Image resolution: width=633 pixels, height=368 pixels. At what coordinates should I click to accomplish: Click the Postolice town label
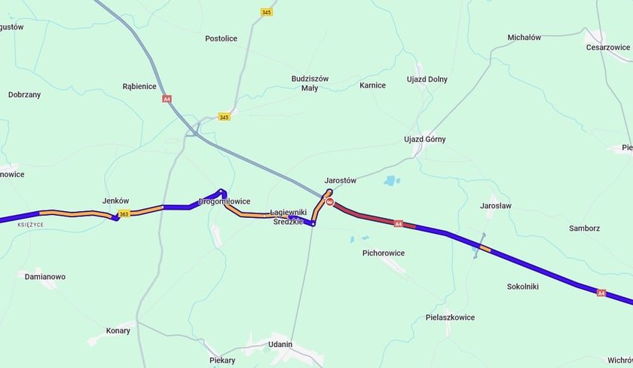point(221,38)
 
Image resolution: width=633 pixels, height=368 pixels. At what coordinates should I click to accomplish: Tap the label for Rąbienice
point(139,86)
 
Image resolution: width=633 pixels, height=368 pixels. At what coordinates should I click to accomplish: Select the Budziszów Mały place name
point(310,83)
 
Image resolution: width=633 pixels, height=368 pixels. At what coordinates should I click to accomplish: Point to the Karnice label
point(372,85)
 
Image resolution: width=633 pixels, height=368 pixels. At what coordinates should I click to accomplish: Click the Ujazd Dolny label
point(427,78)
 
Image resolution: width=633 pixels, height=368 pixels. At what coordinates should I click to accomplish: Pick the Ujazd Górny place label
point(425,140)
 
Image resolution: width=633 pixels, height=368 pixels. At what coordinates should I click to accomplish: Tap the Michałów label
point(524,37)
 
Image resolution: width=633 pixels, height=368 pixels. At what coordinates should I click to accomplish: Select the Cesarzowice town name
point(607,47)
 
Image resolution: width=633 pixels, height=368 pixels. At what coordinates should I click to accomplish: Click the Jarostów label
point(340,181)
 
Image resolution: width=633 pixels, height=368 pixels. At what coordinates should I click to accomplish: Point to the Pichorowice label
point(384,253)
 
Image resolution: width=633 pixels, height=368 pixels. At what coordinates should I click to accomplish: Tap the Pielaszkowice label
point(450,317)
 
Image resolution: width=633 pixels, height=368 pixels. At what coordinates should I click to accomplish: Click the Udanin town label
point(280,344)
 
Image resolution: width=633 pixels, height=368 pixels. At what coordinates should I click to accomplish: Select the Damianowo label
point(45,277)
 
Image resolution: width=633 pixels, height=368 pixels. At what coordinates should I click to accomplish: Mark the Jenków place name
point(115,201)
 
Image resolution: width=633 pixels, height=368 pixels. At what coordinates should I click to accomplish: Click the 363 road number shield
point(124,214)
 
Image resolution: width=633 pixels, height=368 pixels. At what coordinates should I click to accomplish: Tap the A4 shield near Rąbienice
point(167,99)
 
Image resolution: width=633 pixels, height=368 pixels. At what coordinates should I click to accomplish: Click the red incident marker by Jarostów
point(329,202)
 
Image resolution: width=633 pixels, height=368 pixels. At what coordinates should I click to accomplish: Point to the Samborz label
point(584,228)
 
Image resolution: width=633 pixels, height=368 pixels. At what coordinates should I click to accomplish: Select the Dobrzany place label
point(24,95)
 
